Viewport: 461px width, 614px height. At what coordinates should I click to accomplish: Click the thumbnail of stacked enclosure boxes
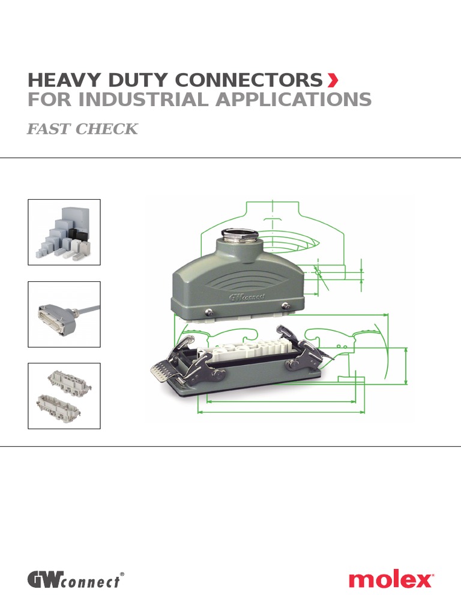click(64, 232)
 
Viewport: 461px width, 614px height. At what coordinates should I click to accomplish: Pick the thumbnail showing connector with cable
click(64, 314)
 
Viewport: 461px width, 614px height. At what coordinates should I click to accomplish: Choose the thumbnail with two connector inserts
click(64, 396)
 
